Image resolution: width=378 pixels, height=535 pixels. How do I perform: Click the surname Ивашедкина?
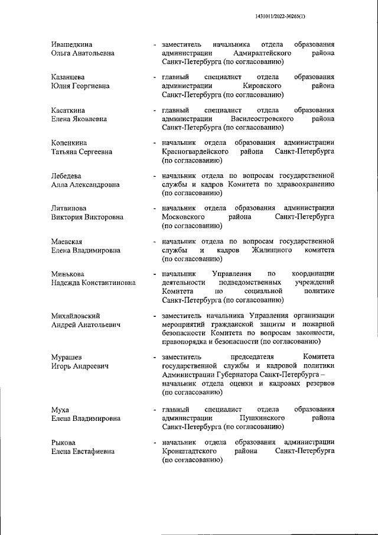[71, 44]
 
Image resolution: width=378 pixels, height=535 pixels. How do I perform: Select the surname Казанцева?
[68, 77]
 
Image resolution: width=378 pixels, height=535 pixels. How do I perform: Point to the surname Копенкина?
[70, 143]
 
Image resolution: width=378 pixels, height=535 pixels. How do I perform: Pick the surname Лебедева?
[66, 176]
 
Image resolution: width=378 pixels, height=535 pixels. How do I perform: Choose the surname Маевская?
[67, 242]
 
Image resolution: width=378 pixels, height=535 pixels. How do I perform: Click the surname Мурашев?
[67, 358]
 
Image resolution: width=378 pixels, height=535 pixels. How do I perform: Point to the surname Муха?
[60, 409]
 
